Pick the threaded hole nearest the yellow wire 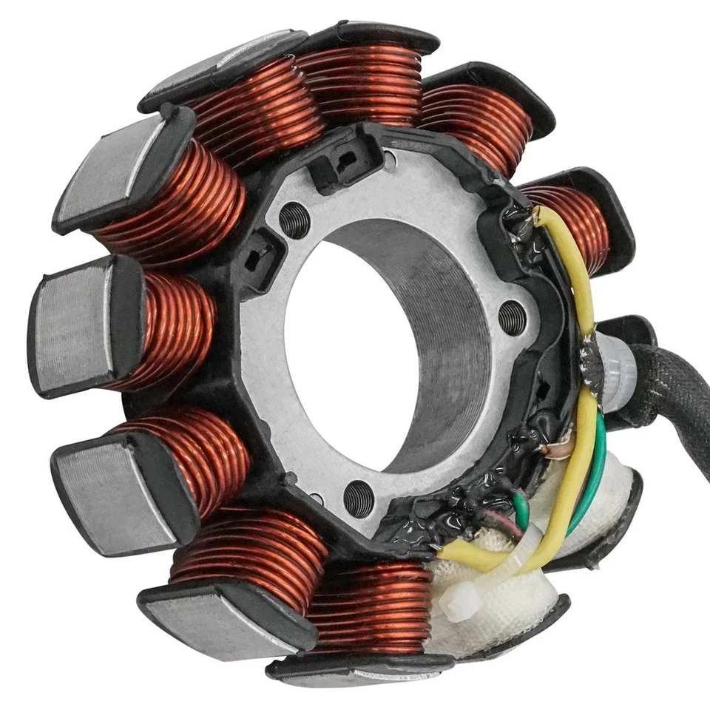(512, 317)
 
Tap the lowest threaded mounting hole (359, 498)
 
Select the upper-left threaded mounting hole (294, 220)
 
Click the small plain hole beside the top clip (389, 157)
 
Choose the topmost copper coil (362, 81)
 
